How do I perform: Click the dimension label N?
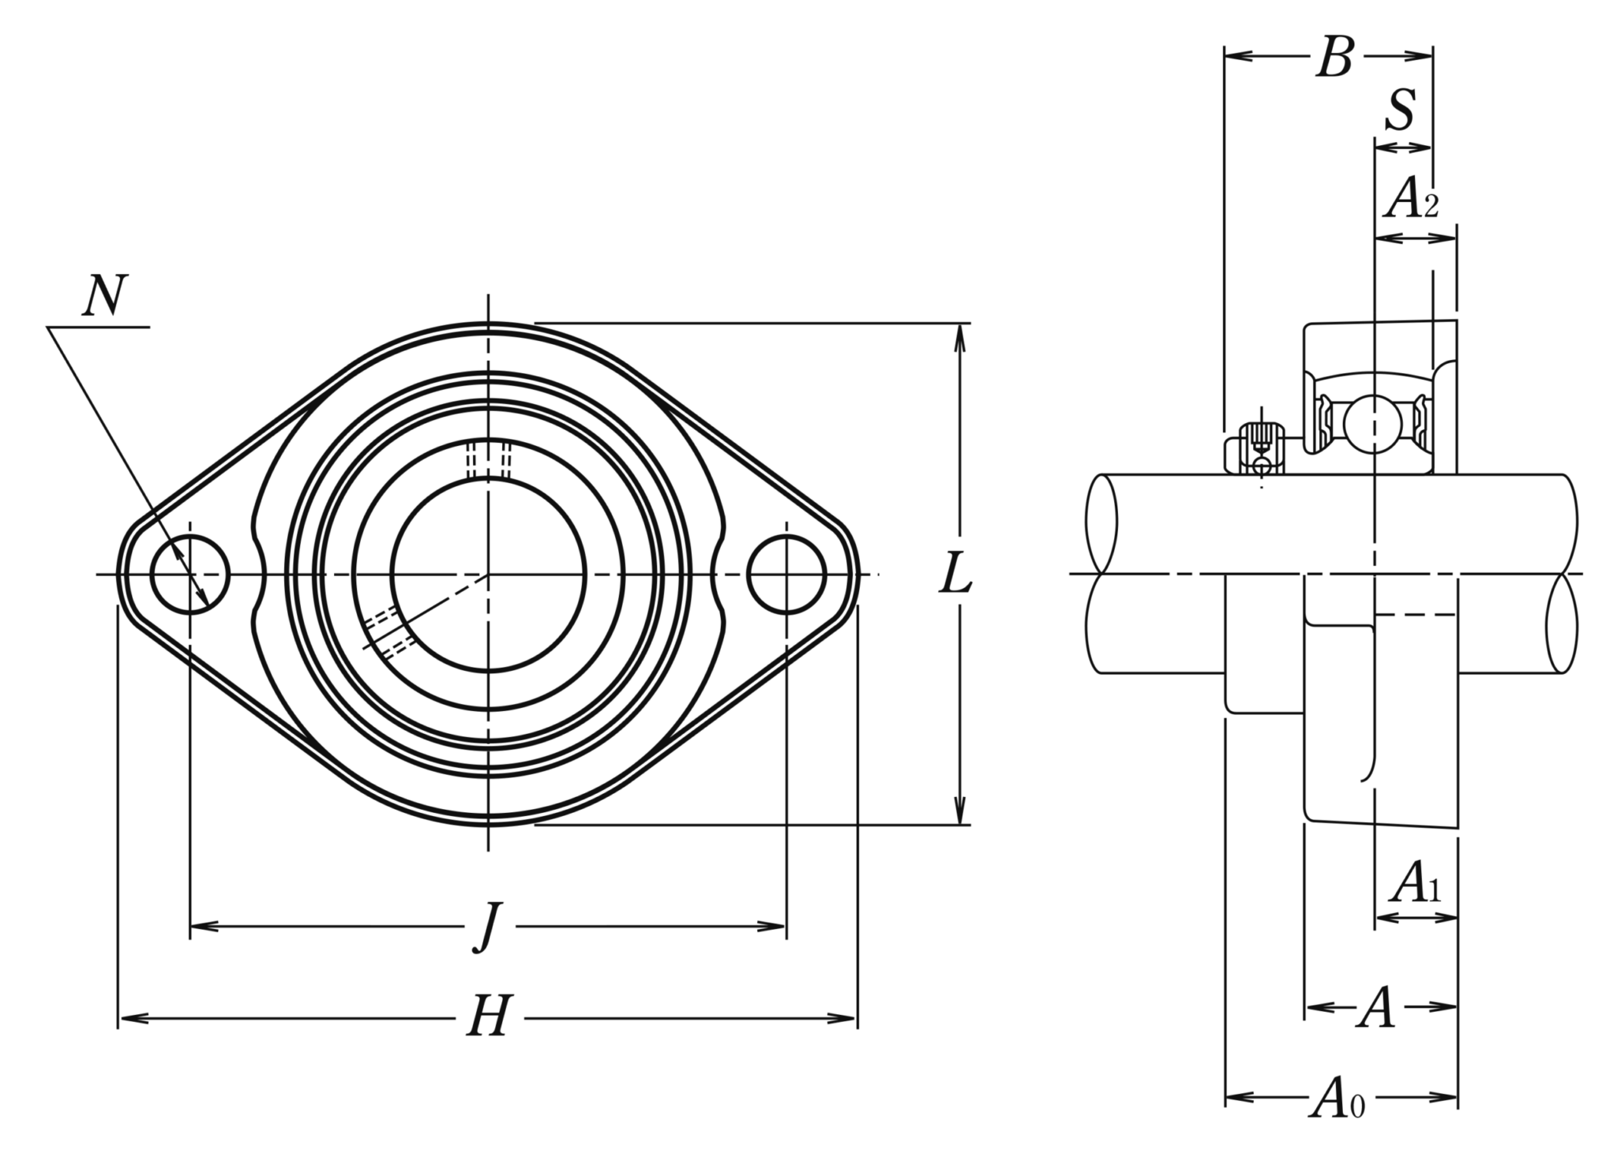click(105, 296)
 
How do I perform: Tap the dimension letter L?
click(955, 575)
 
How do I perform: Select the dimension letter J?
click(489, 927)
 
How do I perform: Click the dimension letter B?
click(1334, 58)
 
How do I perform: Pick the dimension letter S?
click(1401, 111)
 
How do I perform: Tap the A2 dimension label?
click(1412, 199)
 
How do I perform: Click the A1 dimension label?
click(1416, 884)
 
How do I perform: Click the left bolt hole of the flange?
click(189, 574)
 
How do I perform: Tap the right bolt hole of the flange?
click(786, 574)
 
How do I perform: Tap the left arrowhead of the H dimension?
click(129, 1018)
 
